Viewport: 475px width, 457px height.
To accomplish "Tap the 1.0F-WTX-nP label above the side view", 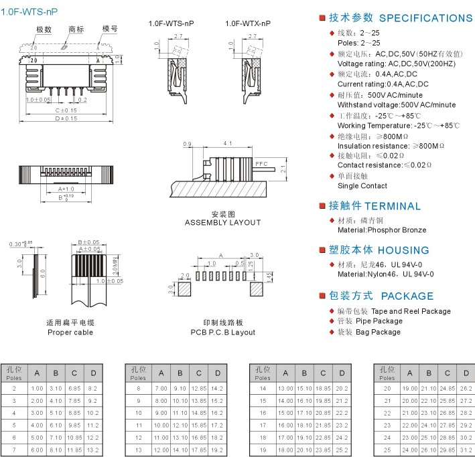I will tap(248, 23).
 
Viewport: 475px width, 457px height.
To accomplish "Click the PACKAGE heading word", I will tap(407, 296).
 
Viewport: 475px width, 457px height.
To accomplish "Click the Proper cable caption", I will tap(70, 333).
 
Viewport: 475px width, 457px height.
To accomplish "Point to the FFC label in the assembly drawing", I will tap(261, 163).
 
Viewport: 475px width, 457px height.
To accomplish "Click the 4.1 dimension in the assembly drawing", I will tap(228, 143).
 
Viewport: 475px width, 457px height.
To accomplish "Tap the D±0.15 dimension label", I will tap(66, 118).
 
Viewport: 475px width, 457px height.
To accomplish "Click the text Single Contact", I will tap(362, 186).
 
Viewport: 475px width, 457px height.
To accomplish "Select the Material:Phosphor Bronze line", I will tap(381, 230).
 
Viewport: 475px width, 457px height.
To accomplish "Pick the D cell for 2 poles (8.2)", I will tap(93, 388).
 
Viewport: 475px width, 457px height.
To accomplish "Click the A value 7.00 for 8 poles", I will tap(161, 388).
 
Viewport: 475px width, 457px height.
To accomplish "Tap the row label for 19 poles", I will tap(263, 448).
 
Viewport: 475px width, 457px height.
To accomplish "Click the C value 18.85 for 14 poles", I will tap(323, 388).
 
